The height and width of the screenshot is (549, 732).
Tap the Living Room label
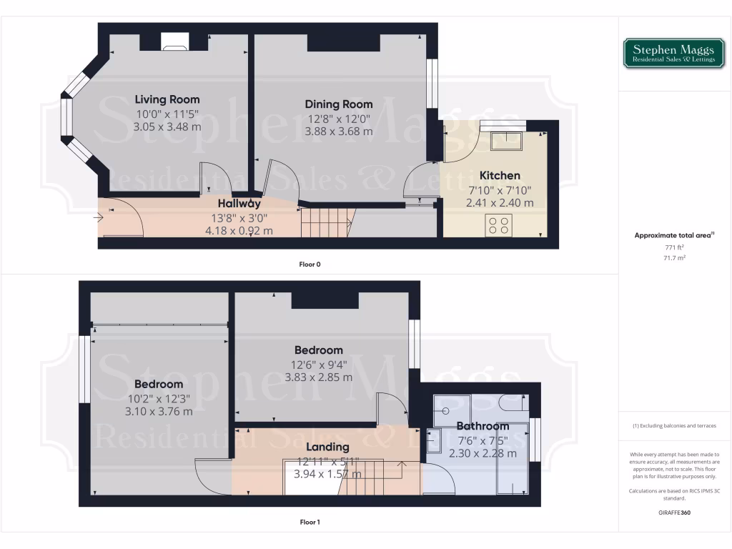[x=167, y=99]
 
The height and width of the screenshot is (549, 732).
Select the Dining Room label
[x=338, y=104]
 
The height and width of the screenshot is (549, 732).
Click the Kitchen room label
[x=500, y=176]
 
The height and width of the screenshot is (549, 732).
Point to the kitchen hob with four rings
[x=500, y=225]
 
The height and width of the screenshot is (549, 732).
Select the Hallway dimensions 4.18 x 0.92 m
[x=239, y=231]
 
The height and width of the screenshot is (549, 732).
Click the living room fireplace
[x=174, y=44]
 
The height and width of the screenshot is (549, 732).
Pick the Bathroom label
[x=483, y=427]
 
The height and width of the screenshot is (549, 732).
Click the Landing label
[x=327, y=447]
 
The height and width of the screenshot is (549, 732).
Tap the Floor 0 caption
[x=310, y=264]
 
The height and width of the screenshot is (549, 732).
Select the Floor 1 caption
[x=310, y=523]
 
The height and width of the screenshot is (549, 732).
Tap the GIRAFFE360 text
[x=675, y=513]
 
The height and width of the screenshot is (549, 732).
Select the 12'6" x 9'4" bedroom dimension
[x=319, y=364]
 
